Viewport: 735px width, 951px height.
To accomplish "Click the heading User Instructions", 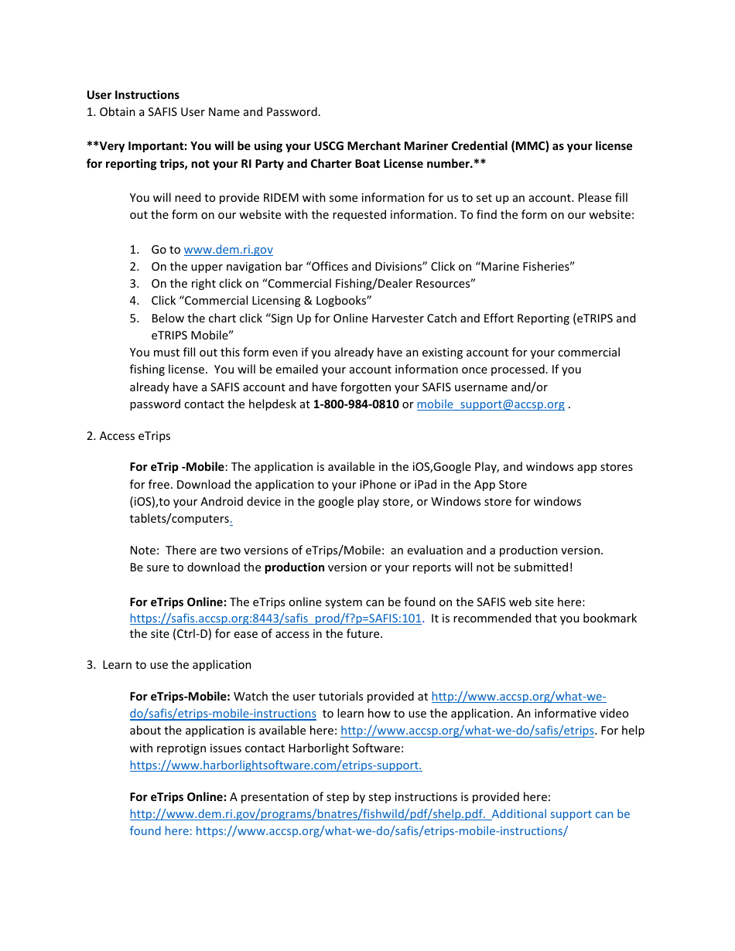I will [x=132, y=95].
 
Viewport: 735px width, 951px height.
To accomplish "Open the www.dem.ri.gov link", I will [x=227, y=250].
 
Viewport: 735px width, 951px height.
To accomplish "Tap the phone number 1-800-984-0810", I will [x=355, y=404].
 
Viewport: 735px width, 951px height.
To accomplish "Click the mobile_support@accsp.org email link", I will [x=490, y=404].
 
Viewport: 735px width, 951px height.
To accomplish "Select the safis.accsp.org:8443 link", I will [x=275, y=619].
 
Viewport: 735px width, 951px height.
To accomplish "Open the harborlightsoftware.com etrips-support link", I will [x=275, y=765].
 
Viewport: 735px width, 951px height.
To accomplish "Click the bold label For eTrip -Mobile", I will [x=177, y=467].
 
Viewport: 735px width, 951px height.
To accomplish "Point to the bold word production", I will [x=294, y=568].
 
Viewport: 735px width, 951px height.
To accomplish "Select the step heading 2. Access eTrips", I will [x=128, y=436].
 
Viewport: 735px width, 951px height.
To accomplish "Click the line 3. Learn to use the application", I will [x=169, y=665].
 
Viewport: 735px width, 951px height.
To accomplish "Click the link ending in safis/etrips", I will [x=467, y=731].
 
